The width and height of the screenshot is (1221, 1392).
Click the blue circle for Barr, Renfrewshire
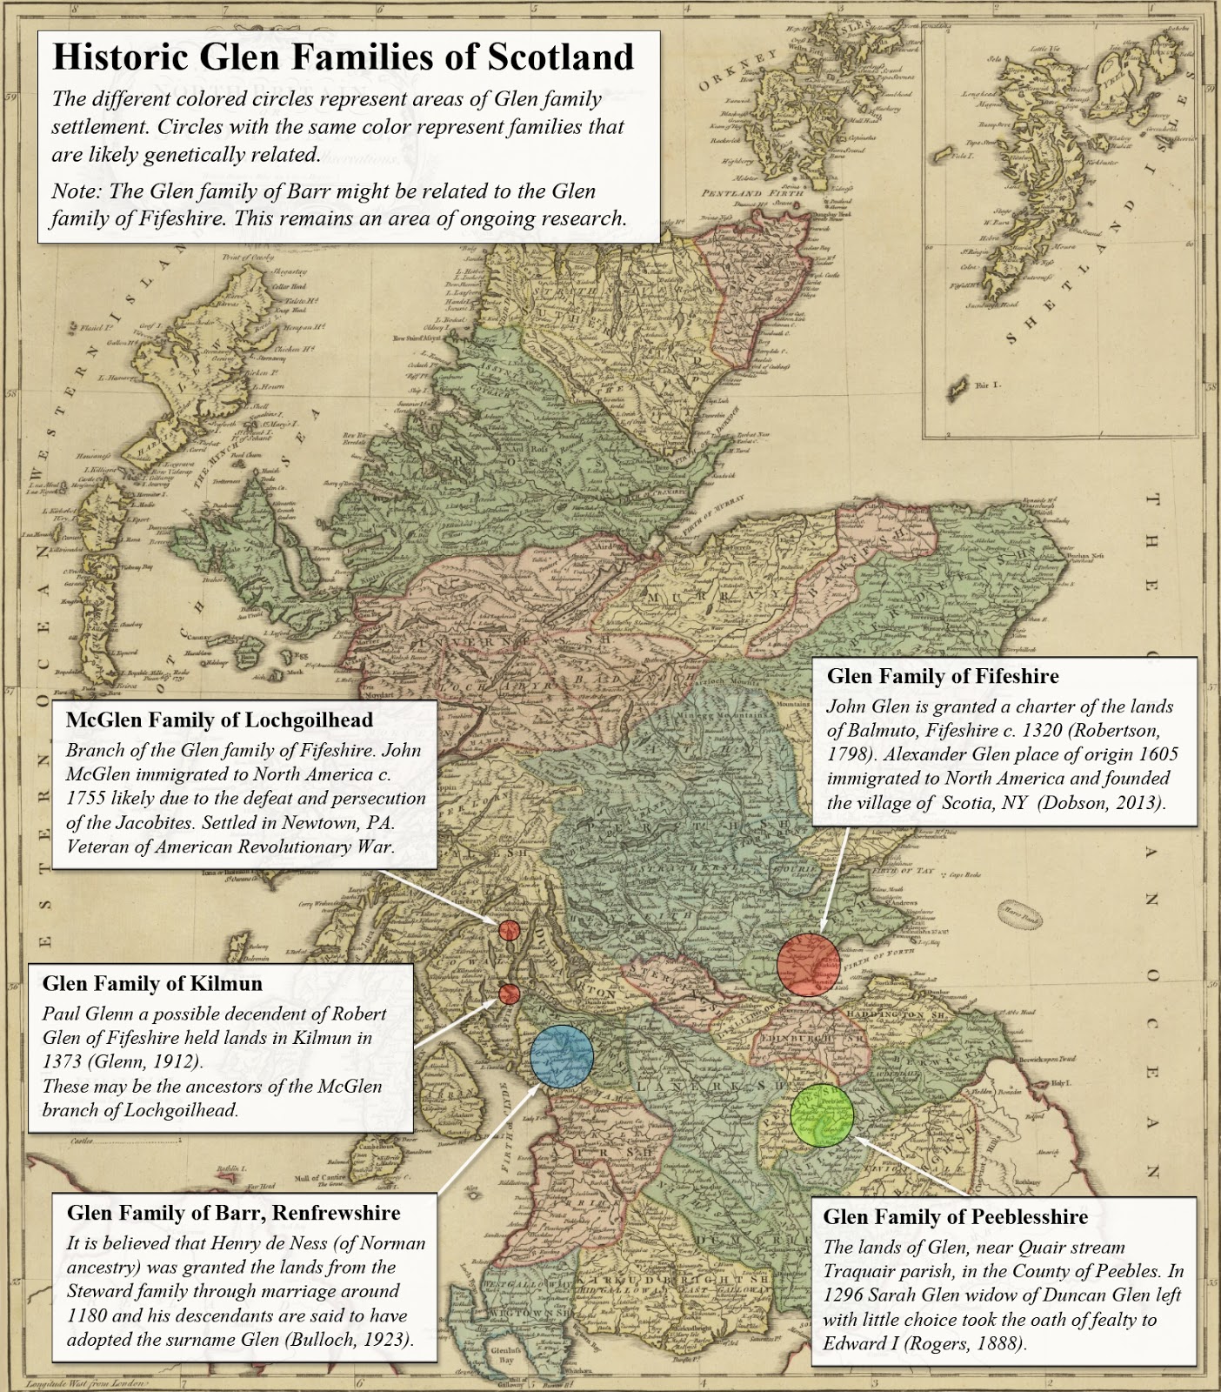pyautogui.click(x=562, y=1056)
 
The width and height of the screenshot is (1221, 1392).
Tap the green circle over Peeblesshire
pyautogui.click(x=822, y=1114)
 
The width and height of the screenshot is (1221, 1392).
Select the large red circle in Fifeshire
pyautogui.click(x=809, y=964)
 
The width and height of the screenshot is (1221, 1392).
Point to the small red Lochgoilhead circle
pyautogui.click(x=509, y=930)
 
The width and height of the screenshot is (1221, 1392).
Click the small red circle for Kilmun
pyautogui.click(x=509, y=994)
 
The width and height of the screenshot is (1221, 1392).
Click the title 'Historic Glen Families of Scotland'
pyautogui.click(x=344, y=57)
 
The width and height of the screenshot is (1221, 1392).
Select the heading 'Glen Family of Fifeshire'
pyautogui.click(x=943, y=676)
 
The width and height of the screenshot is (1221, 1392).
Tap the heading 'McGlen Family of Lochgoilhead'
pyautogui.click(x=219, y=719)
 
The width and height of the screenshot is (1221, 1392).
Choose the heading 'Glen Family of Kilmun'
pyautogui.click(x=152, y=983)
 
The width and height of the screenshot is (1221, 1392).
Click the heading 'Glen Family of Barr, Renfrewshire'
pyautogui.click(x=234, y=1213)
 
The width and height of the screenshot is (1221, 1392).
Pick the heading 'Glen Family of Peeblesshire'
pyautogui.click(x=956, y=1216)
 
